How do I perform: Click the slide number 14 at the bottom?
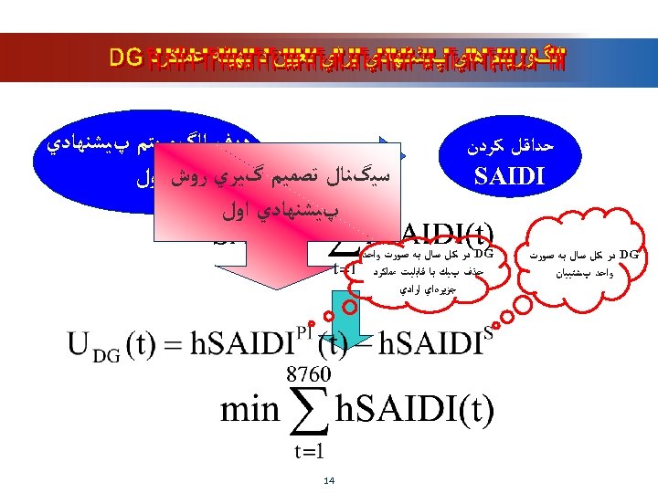329,480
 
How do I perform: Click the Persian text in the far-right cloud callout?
581,261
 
